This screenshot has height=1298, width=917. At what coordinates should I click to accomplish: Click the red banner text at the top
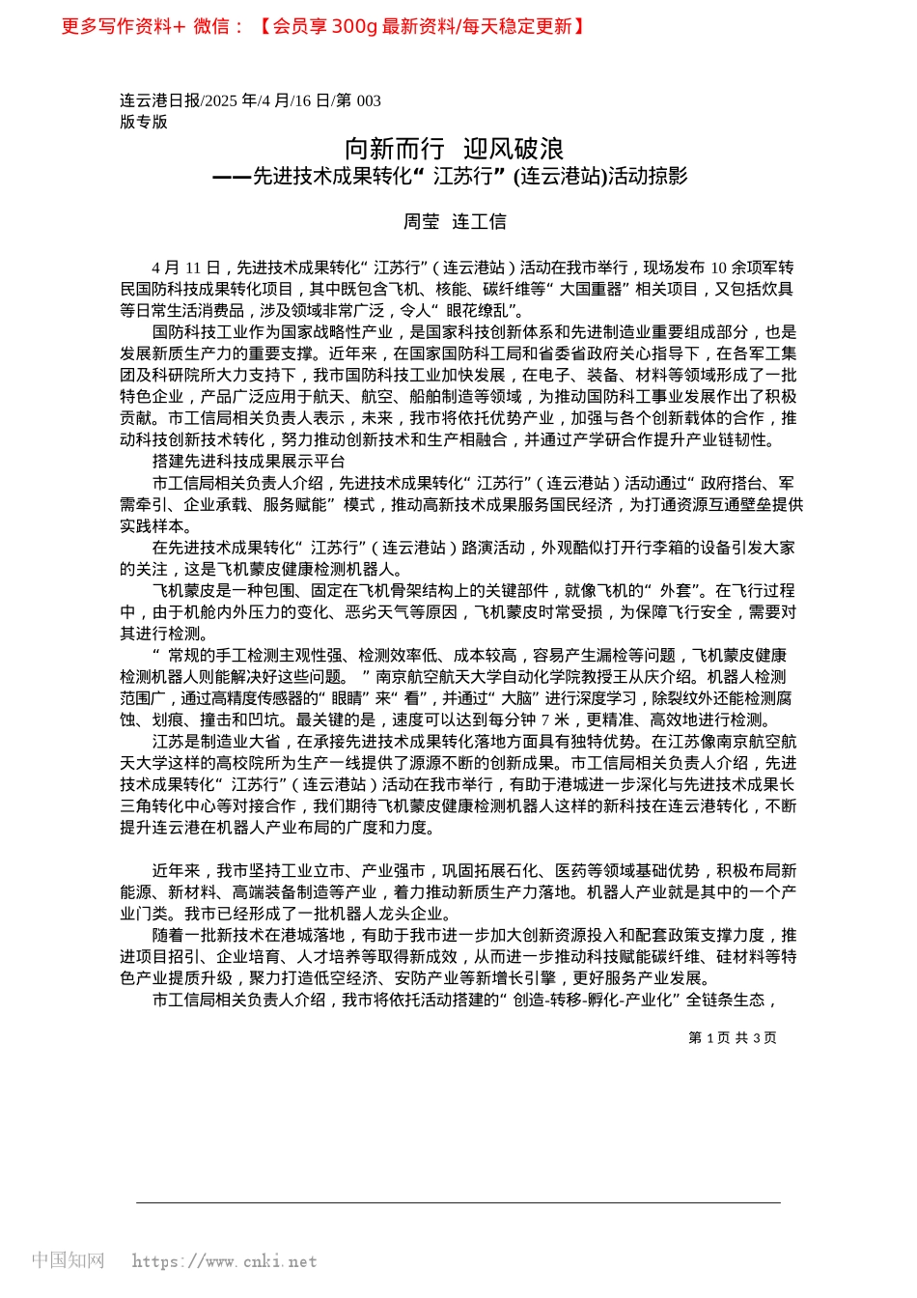[323, 26]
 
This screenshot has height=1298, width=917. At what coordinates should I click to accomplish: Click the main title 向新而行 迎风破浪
[455, 149]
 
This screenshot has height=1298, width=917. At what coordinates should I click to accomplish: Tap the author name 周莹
[421, 222]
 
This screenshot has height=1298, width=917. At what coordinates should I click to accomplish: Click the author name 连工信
[480, 222]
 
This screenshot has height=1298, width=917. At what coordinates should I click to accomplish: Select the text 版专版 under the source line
[144, 122]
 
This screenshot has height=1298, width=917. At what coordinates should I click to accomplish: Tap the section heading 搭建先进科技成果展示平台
[248, 462]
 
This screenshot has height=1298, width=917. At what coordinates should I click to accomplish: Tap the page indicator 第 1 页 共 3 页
[732, 1037]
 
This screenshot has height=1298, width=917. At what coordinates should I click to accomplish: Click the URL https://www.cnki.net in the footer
[224, 1260]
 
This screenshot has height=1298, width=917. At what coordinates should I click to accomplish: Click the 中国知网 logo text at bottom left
[68, 1259]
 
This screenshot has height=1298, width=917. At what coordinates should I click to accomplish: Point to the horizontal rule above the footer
[458, 1202]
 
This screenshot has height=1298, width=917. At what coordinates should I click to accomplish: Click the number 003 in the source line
[369, 100]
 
